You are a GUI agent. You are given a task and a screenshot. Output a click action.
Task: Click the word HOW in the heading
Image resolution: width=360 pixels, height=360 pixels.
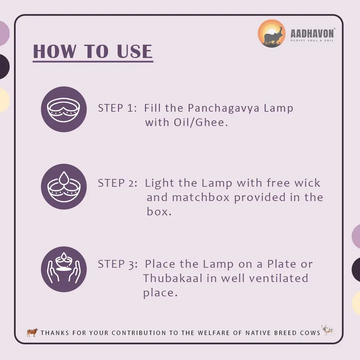[55, 51]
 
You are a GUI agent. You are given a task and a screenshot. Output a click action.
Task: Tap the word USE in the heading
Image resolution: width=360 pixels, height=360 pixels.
[135, 51]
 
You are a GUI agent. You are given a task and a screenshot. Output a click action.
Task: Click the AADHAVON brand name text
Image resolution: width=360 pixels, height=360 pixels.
[312, 34]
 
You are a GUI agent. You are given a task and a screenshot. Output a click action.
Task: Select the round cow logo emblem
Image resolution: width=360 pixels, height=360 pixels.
[272, 34]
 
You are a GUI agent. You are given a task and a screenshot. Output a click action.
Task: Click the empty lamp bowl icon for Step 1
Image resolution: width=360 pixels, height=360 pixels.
[64, 109]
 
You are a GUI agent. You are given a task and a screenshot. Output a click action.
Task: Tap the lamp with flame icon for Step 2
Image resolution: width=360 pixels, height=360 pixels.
[64, 186]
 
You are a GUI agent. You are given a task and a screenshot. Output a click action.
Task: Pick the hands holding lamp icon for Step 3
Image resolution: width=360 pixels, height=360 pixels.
[64, 269]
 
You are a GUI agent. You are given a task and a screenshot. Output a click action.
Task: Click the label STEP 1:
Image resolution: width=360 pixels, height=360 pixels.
[117, 108]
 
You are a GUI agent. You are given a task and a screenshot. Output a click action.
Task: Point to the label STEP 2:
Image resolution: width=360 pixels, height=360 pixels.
[118, 183]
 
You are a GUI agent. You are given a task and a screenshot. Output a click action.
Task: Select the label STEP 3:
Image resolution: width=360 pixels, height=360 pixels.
[118, 264]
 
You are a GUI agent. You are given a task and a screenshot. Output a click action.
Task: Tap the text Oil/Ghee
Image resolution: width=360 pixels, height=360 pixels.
[201, 122]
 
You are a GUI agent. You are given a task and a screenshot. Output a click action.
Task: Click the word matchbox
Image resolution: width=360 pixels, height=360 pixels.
[201, 197]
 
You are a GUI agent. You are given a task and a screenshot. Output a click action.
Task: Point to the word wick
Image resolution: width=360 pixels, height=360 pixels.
[307, 183]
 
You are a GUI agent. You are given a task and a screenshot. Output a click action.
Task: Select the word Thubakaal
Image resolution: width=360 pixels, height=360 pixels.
[173, 278]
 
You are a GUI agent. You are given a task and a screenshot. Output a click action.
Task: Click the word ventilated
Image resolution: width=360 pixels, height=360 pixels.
[278, 278]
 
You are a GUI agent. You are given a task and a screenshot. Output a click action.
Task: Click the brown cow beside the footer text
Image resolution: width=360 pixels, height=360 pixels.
[32, 332]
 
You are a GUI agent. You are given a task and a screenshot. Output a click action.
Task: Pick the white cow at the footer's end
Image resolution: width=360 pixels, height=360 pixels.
[327, 330]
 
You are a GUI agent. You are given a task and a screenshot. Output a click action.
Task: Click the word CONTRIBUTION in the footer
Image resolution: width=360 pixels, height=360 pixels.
[139, 333]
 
